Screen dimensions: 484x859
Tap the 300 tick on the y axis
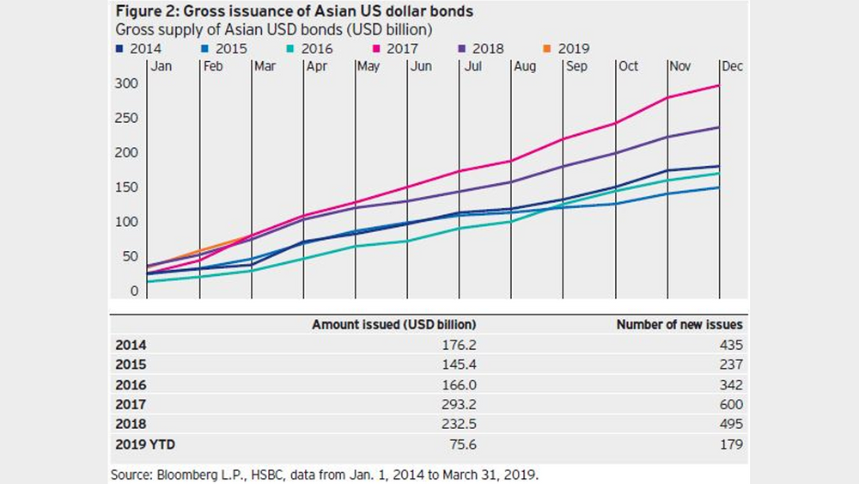click(127, 84)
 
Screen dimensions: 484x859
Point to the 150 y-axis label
click(127, 187)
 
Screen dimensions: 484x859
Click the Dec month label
click(732, 66)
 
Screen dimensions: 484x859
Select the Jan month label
click(162, 66)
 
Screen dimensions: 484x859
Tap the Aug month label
click(524, 66)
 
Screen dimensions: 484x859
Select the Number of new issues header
click(679, 325)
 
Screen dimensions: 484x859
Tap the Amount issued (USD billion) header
click(393, 325)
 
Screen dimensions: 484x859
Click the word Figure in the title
click(137, 13)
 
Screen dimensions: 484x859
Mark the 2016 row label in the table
click(131, 385)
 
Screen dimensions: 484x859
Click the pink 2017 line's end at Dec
click(719, 85)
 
